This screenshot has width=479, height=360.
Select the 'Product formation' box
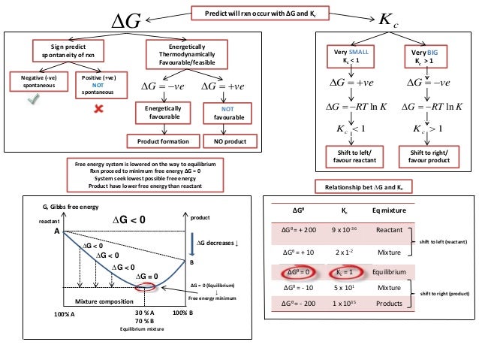pyautogui.click(x=163, y=141)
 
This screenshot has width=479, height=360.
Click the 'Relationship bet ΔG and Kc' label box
pyautogui.click(x=360, y=186)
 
